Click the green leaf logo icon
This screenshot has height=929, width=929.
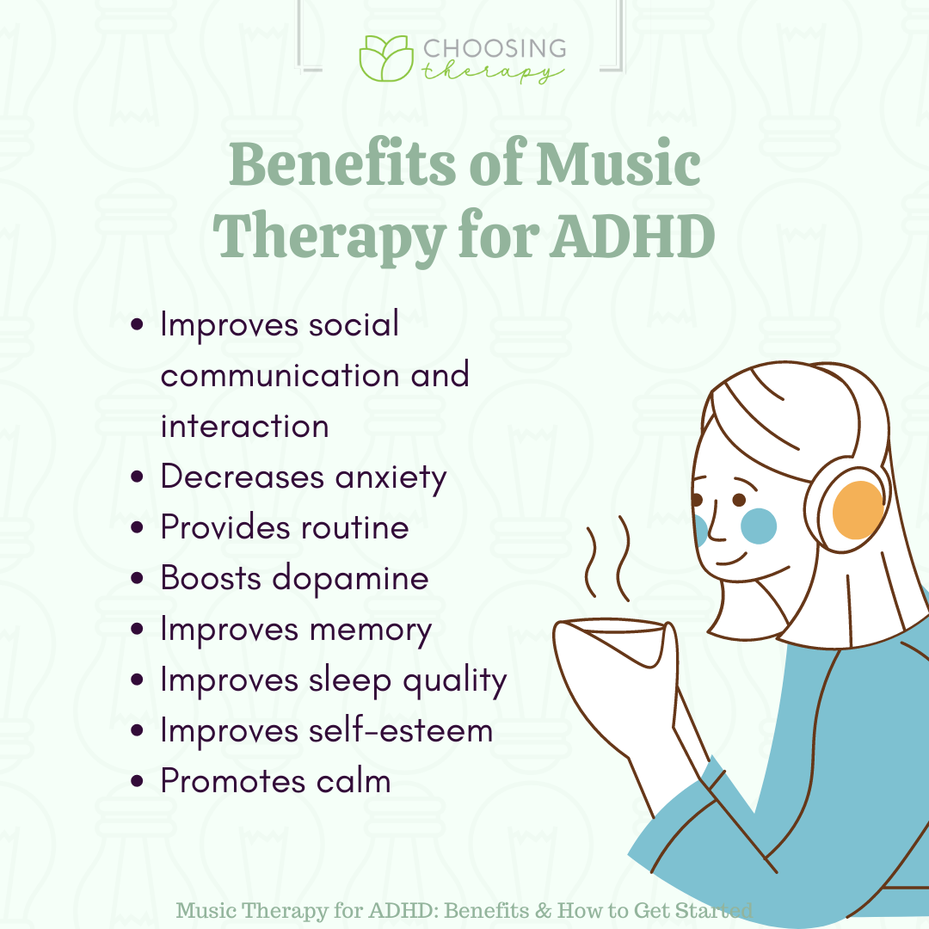pyautogui.click(x=386, y=58)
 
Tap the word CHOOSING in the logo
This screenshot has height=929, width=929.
pyautogui.click(x=495, y=48)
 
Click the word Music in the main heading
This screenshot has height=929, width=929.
pyautogui.click(x=618, y=163)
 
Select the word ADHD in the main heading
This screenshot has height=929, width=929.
pyautogui.click(x=632, y=236)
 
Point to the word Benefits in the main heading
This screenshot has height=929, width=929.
pyautogui.click(x=342, y=163)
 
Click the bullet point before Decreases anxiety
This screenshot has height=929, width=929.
pyautogui.click(x=137, y=477)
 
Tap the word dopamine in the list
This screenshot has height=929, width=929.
pyautogui.click(x=350, y=579)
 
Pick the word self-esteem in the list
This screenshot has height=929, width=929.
pyautogui.click(x=401, y=730)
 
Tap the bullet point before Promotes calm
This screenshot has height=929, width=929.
pyautogui.click(x=137, y=781)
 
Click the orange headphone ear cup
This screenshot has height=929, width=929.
pyautogui.click(x=858, y=510)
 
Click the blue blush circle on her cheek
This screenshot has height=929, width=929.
pyautogui.click(x=759, y=526)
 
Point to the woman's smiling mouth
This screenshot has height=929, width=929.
pyautogui.click(x=732, y=558)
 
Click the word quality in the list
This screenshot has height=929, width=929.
pyautogui.click(x=455, y=680)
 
